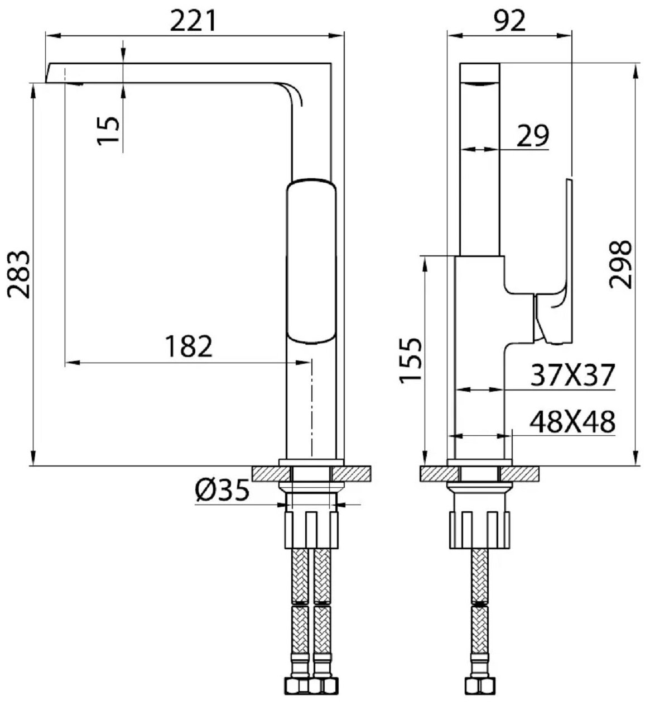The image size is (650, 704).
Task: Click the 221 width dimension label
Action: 192,21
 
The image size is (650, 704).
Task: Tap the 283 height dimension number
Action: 20,275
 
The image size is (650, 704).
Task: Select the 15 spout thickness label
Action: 109,130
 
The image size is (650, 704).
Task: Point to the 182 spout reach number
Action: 189,346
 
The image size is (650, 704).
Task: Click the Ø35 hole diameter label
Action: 222,490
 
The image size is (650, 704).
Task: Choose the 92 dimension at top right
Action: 510,21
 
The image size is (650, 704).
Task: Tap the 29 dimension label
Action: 532,135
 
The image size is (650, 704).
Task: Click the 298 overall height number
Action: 620,265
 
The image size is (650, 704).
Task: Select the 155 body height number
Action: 411,360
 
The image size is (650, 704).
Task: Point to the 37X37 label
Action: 572,375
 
